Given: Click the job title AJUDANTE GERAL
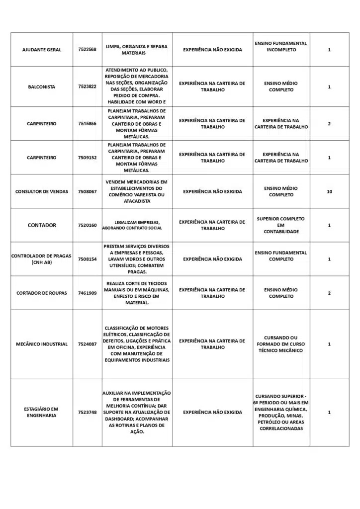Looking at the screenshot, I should pyautogui.click(x=42, y=50).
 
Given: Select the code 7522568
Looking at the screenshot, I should pyautogui.click(x=87, y=50).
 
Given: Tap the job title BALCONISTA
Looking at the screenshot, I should pyautogui.click(x=42, y=86).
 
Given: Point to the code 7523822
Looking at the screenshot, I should pyautogui.click(x=87, y=86).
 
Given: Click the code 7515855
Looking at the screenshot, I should pyautogui.click(x=87, y=123).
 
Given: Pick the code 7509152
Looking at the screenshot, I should pyautogui.click(x=87, y=158).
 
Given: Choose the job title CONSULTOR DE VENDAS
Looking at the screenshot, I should pyautogui.click(x=42, y=191).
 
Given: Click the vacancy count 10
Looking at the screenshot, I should pyautogui.click(x=329, y=191).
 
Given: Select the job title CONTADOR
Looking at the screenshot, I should pyautogui.click(x=42, y=225).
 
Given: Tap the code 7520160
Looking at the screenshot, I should pyautogui.click(x=87, y=225).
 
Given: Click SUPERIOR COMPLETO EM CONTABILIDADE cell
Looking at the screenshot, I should pyautogui.click(x=281, y=225).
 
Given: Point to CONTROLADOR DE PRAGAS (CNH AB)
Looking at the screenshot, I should pyautogui.click(x=41, y=259).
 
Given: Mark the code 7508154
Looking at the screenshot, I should pyautogui.click(x=87, y=259).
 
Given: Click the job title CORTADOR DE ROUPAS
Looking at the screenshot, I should pyautogui.click(x=42, y=293).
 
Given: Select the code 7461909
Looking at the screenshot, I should pyautogui.click(x=87, y=293).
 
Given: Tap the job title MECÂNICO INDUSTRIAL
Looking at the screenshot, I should pyautogui.click(x=42, y=344).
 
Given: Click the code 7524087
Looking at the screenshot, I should pyautogui.click(x=87, y=344).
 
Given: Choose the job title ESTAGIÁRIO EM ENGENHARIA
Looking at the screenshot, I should pyautogui.click(x=42, y=412).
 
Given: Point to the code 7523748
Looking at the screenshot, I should pyautogui.click(x=87, y=412).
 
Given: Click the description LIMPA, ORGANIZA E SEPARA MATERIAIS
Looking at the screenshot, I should pyautogui.click(x=137, y=50).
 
